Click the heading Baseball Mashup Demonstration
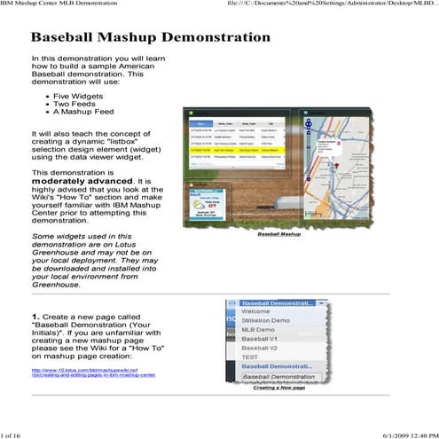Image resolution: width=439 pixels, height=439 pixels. click(151, 39)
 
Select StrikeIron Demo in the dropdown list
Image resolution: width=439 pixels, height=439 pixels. click(265, 320)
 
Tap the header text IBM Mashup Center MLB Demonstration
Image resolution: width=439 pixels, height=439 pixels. click(64, 4)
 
